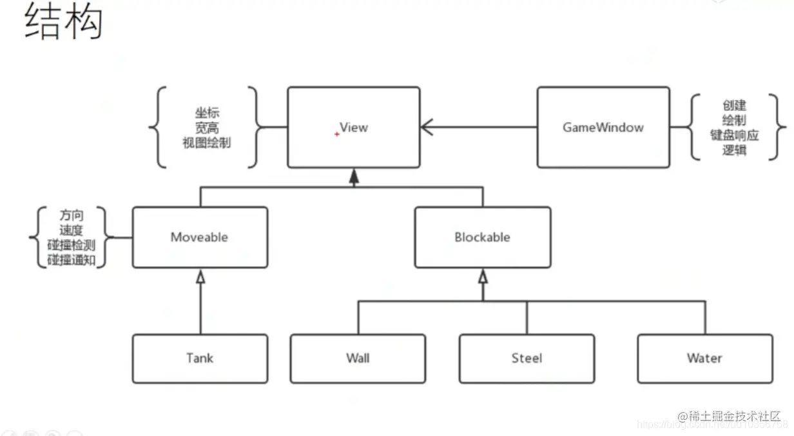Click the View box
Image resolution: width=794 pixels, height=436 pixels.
353,127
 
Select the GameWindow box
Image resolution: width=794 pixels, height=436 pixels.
603,127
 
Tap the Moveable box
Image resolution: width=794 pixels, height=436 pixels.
200,237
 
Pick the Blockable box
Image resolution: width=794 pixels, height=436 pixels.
482,237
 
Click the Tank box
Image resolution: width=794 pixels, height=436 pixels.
200,358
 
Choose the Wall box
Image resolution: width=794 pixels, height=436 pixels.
358,358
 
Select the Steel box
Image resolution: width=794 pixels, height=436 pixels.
527,358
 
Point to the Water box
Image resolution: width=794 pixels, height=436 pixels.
704,358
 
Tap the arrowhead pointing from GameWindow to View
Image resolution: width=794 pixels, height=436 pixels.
427,127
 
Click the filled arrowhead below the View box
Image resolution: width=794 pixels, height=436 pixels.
353,178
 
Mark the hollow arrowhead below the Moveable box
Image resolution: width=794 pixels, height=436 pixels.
200,277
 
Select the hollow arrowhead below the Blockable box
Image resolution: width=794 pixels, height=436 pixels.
483,277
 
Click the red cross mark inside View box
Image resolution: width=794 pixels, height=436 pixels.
336,134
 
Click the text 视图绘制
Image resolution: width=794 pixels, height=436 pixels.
207,143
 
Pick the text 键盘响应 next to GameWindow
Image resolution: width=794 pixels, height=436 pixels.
735,135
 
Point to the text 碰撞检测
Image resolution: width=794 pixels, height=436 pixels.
72,246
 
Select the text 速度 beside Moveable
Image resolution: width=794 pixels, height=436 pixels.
72,230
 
